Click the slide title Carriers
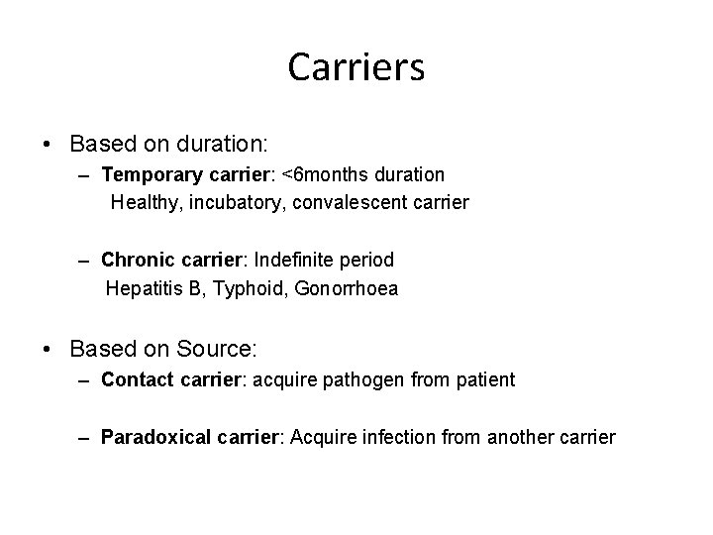pos(356,67)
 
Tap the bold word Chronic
pos(135,260)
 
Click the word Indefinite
pos(295,260)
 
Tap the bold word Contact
pos(137,379)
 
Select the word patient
pos(482,379)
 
